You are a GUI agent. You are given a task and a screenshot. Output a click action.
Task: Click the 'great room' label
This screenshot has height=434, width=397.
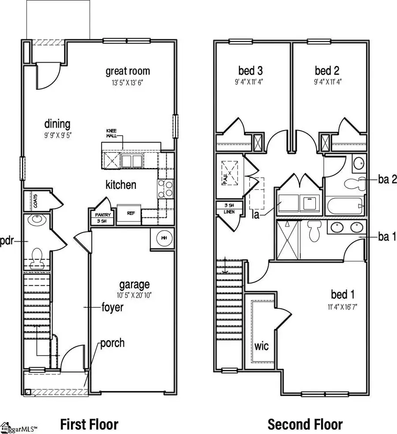pyautogui.click(x=127, y=71)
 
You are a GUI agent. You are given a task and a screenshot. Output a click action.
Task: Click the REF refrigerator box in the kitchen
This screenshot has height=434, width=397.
pyautogui.click(x=131, y=213)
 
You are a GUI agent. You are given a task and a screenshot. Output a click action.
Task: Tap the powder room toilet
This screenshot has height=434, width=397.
pyautogui.click(x=36, y=257)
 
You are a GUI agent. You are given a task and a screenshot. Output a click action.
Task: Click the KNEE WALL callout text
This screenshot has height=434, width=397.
pyautogui.click(x=112, y=133)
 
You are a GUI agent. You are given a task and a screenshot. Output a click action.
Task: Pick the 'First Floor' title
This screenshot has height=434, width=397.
pyautogui.click(x=89, y=424)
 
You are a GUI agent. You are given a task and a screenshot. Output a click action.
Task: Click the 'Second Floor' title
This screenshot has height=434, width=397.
pyautogui.click(x=305, y=424)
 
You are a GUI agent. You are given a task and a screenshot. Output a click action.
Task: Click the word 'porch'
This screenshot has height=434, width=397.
pyautogui.click(x=112, y=343)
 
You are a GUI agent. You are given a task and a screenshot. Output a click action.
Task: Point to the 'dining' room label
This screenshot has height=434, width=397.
pyautogui.click(x=57, y=124)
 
